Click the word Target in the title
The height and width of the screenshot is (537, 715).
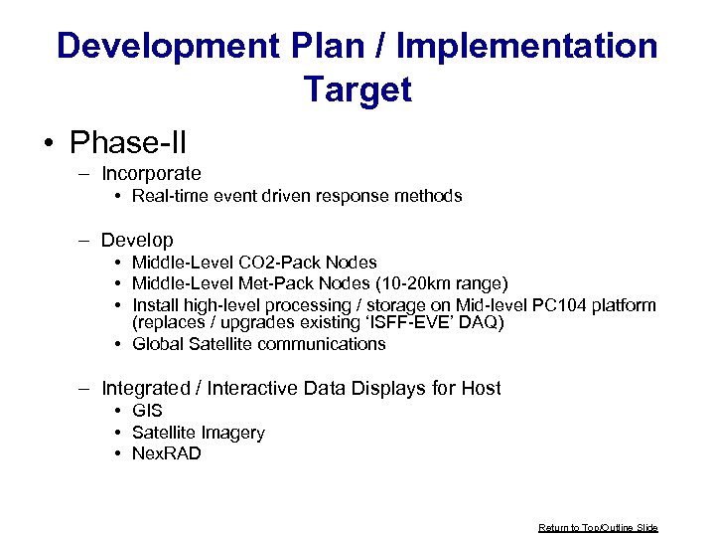point(357,89)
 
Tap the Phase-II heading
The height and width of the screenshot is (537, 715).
point(128,142)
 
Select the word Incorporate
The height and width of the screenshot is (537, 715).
point(151,174)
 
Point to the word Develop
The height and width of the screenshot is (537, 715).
point(137,240)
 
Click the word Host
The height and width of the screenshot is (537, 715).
point(481,388)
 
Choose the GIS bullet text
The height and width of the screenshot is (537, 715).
point(147,411)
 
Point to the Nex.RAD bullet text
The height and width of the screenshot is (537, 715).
point(167,453)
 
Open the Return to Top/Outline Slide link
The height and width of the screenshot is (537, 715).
point(598,527)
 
